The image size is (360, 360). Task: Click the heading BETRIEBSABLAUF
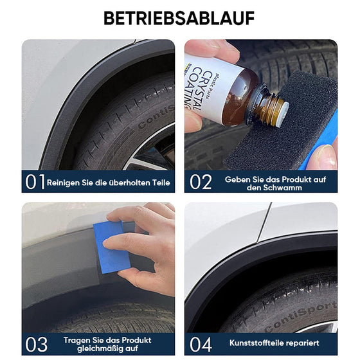click(x=179, y=17)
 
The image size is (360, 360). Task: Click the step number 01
click(x=35, y=183)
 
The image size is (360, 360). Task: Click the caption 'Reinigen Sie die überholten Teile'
click(x=109, y=183)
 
